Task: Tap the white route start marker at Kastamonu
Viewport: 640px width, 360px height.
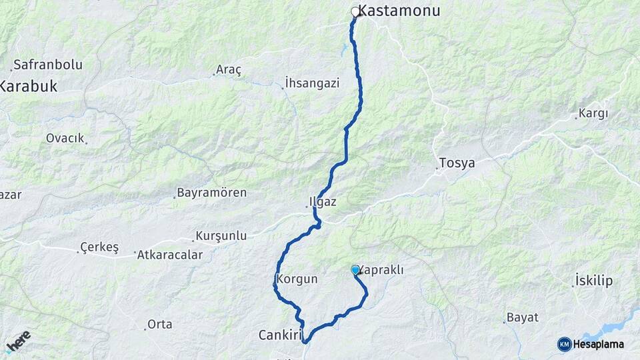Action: (355, 11)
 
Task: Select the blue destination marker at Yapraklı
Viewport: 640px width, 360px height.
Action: (355, 269)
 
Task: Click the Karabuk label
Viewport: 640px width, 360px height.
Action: (28, 86)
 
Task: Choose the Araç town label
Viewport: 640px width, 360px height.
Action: (229, 69)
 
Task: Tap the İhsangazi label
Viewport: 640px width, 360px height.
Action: (312, 83)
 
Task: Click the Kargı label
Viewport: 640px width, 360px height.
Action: (593, 113)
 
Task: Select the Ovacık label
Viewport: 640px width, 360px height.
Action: (65, 138)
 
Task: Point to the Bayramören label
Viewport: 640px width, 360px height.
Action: (211, 193)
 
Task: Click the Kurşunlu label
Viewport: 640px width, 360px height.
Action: (221, 235)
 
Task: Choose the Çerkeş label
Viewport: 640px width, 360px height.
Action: (99, 247)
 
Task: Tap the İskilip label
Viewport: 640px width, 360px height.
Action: (593, 281)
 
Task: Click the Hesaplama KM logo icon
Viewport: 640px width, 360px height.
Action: (565, 344)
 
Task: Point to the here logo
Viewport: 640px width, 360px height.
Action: (18, 341)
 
